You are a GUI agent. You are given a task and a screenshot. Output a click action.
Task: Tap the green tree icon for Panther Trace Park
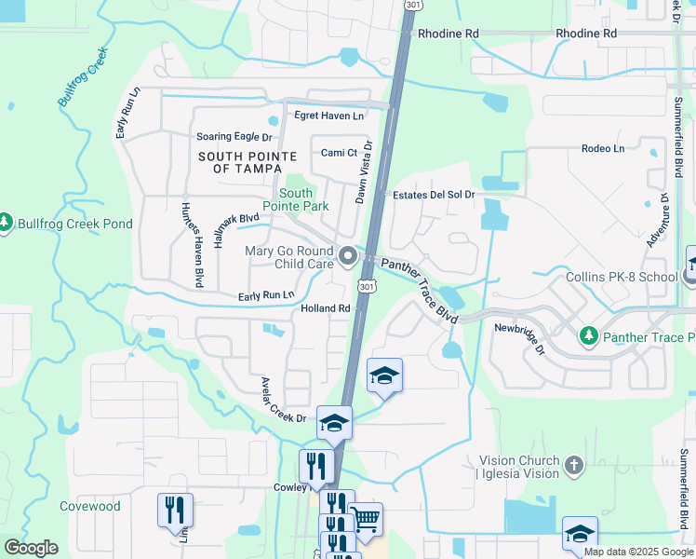[x=588, y=334]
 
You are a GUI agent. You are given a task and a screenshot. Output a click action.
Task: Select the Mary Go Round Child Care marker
[x=348, y=254]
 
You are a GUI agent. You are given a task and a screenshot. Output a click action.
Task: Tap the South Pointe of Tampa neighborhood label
[x=248, y=162]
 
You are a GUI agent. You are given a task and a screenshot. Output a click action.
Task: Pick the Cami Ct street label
[x=339, y=153]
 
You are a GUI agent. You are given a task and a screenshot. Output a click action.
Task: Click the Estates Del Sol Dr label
[x=434, y=195]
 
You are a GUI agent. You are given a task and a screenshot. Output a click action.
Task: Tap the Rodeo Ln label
[x=602, y=148]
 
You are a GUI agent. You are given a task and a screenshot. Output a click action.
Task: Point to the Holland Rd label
[x=325, y=308]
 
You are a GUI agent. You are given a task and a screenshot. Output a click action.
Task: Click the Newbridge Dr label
[x=519, y=337]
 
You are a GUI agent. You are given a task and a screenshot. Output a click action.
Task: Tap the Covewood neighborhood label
[x=90, y=506]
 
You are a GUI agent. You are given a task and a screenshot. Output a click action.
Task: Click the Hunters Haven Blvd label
[x=193, y=244]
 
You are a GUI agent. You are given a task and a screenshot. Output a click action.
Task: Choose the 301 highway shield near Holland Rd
[x=367, y=286]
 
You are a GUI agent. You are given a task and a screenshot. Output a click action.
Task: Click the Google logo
[x=31, y=548]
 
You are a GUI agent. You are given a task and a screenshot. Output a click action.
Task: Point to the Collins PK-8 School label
[x=621, y=277]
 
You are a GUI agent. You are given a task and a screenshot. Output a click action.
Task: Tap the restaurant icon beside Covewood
[x=175, y=509]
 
